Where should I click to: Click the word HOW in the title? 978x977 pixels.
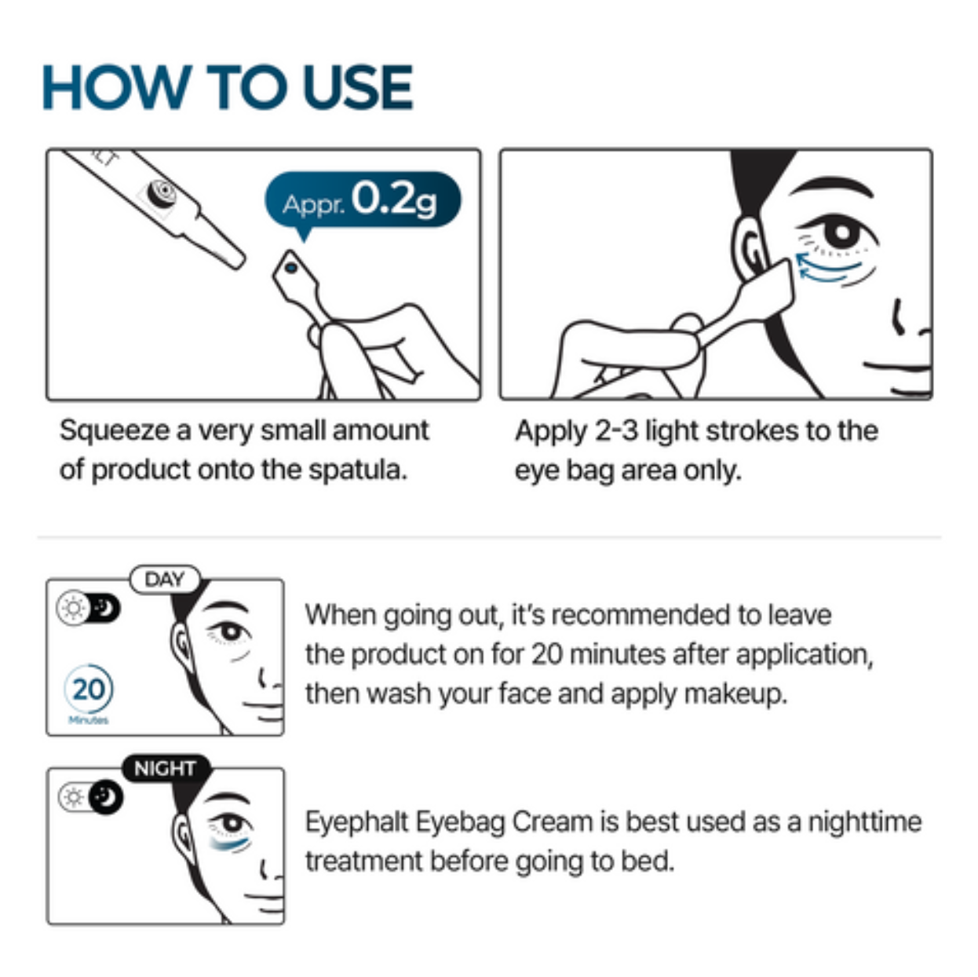click(x=116, y=87)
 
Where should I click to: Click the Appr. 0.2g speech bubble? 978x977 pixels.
click(x=362, y=200)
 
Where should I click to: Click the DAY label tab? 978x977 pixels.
click(x=164, y=580)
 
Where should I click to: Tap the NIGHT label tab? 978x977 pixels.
click(x=164, y=767)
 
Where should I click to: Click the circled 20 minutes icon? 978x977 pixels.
click(x=88, y=690)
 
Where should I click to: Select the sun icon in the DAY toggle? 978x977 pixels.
click(x=73, y=609)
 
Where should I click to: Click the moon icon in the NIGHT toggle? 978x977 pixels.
click(x=104, y=797)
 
